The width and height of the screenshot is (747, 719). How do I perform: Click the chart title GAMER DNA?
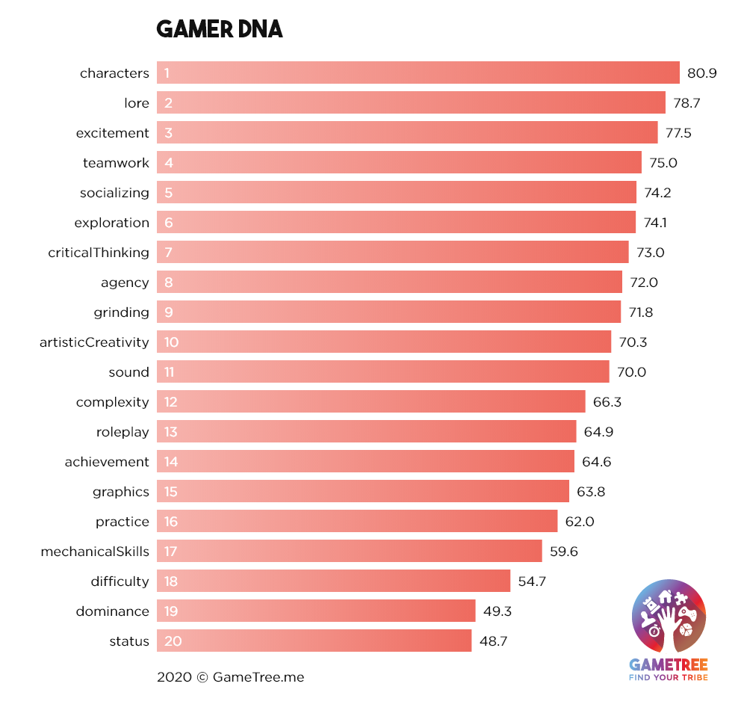click(219, 30)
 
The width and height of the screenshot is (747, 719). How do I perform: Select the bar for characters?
click(418, 73)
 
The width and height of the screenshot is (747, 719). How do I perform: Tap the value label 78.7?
click(686, 103)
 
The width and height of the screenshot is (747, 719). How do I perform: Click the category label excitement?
click(113, 133)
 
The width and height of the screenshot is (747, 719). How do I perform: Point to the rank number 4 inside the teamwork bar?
click(169, 163)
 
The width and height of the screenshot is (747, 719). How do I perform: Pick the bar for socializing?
click(396, 193)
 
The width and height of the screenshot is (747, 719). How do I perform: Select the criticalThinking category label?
click(99, 253)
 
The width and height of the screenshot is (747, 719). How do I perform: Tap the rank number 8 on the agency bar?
click(169, 283)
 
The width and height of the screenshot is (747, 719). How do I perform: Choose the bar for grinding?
click(388, 312)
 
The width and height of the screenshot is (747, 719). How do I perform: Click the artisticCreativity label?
click(94, 342)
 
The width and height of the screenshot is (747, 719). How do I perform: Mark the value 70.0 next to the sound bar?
click(631, 372)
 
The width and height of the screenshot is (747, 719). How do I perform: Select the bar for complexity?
click(371, 402)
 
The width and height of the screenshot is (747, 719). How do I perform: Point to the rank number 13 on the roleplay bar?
click(171, 432)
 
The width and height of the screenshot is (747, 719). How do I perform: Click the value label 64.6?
click(596, 462)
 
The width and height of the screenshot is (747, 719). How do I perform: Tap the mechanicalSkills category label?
click(95, 552)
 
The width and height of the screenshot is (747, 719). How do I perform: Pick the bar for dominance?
click(316, 611)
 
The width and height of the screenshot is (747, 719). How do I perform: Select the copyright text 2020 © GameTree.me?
click(230, 677)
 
